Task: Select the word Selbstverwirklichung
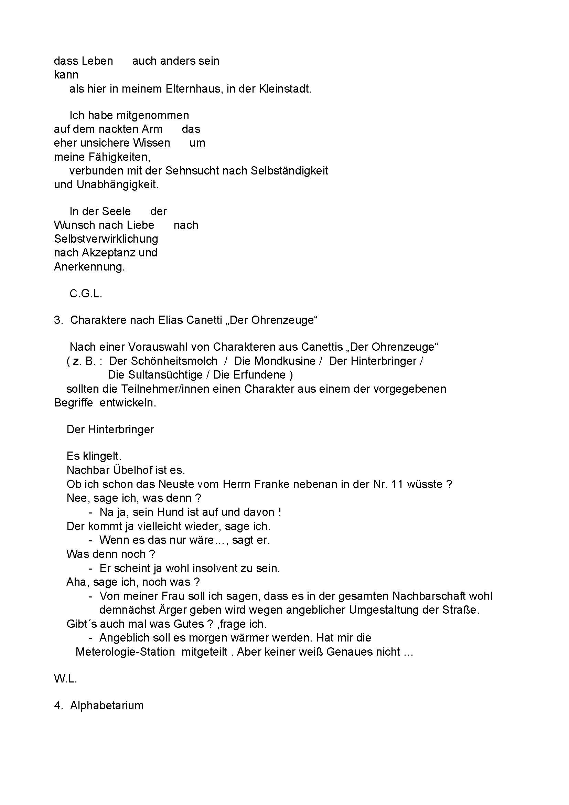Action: pyautogui.click(x=106, y=239)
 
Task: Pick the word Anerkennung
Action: pyautogui.click(x=89, y=267)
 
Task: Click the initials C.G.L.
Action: pyautogui.click(x=86, y=294)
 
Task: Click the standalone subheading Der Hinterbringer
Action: pyautogui.click(x=110, y=430)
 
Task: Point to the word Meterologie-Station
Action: pyautogui.click(x=125, y=652)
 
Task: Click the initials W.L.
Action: pyautogui.click(x=65, y=679)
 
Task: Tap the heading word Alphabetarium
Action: pyautogui.click(x=107, y=706)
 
